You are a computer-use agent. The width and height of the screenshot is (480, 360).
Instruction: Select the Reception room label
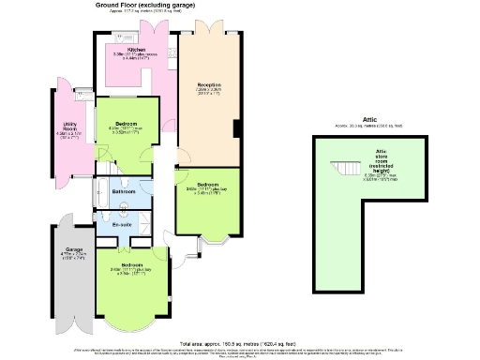(208, 85)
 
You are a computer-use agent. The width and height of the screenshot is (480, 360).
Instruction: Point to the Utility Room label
(69, 127)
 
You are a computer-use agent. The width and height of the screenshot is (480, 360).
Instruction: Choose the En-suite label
(123, 225)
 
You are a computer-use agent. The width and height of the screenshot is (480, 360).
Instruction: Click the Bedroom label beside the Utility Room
(127, 124)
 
